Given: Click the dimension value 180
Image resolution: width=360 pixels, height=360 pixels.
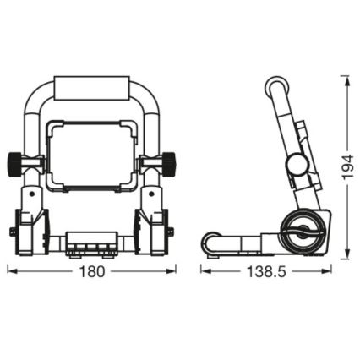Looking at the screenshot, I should [92, 271].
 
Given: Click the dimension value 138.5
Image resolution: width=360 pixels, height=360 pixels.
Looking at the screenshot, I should [266, 271].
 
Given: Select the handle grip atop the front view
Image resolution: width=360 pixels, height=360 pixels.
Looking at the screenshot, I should [93, 88].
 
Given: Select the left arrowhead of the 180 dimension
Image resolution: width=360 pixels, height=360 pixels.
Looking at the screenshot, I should [10, 271].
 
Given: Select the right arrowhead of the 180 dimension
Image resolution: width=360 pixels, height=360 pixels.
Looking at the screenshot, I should [175, 271].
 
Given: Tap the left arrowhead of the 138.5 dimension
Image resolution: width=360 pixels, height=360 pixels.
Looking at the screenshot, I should [204, 271].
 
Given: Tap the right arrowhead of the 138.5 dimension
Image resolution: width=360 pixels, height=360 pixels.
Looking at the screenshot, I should [329, 271].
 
